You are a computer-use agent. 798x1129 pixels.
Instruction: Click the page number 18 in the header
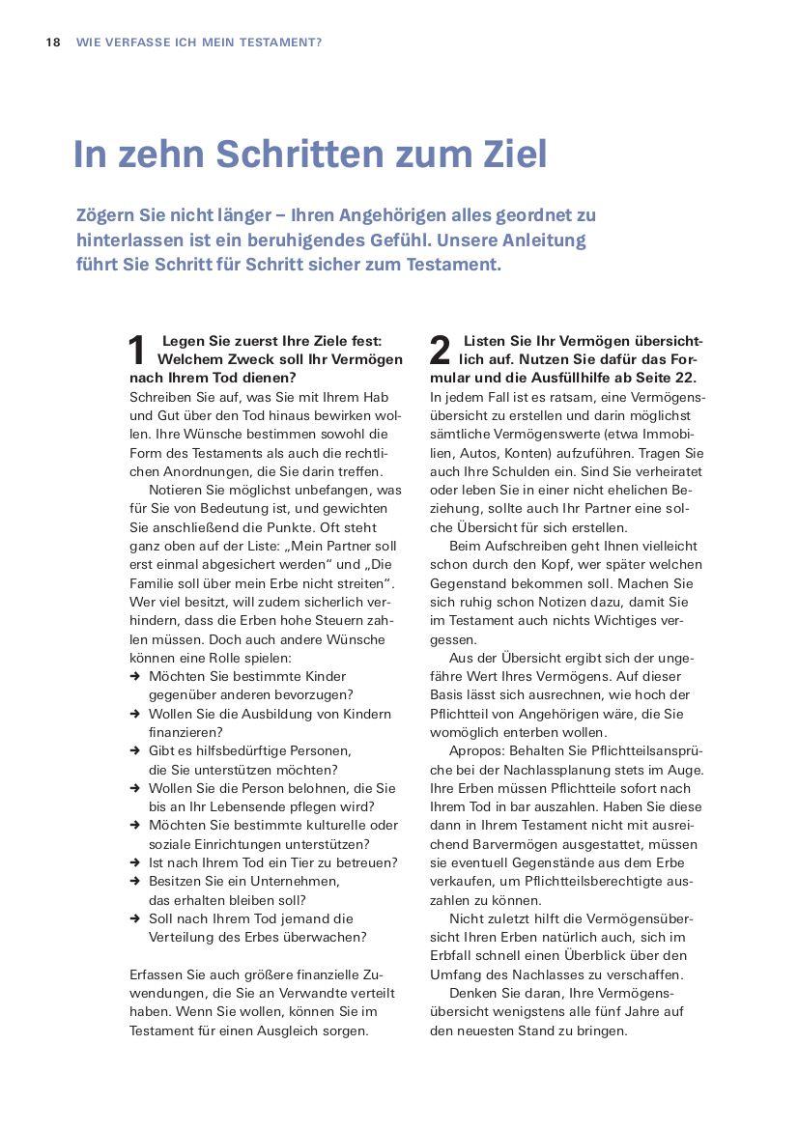pyautogui.click(x=53, y=42)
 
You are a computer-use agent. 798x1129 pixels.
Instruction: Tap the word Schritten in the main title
pyautogui.click(x=299, y=155)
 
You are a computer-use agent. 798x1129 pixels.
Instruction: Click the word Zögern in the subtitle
pyautogui.click(x=105, y=215)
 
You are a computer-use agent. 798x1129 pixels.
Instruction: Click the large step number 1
pyautogui.click(x=138, y=351)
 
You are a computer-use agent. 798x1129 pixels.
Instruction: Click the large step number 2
pyautogui.click(x=440, y=351)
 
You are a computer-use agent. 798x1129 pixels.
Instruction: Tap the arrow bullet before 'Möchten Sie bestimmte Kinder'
pyautogui.click(x=135, y=676)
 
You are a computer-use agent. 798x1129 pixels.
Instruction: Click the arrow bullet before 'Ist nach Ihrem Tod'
pyautogui.click(x=135, y=862)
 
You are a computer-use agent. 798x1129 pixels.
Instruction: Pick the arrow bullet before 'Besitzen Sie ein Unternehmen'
pyautogui.click(x=135, y=881)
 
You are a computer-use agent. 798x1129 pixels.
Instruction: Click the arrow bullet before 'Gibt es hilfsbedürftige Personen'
pyautogui.click(x=135, y=750)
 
